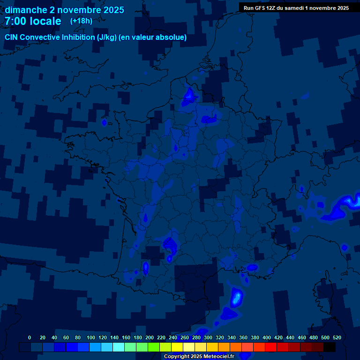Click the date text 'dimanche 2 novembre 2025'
pyautogui.click(x=64, y=10)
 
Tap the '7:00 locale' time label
pyautogui.click(x=33, y=21)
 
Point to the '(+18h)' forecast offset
pyautogui.click(x=81, y=21)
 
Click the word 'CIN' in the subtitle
pyautogui.click(x=12, y=37)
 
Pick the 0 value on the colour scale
pyautogui.click(x=30, y=337)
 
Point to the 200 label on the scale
pyautogui.click(x=150, y=337)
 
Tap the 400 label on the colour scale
pyautogui.click(x=267, y=337)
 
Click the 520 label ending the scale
pyautogui.click(x=337, y=337)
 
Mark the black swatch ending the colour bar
pyautogui.click(x=330, y=347)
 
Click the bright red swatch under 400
pyautogui.click(x=271, y=347)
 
